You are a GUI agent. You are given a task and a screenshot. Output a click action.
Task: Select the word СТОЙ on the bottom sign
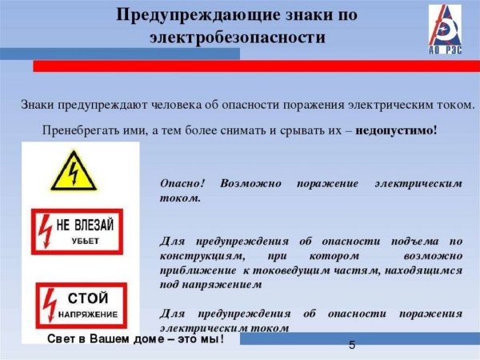click(88, 298)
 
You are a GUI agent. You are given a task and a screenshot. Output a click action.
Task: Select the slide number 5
click(352, 345)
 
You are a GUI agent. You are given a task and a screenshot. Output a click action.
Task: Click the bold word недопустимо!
click(396, 129)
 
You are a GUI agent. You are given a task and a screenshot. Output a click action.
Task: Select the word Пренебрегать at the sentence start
click(79, 129)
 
